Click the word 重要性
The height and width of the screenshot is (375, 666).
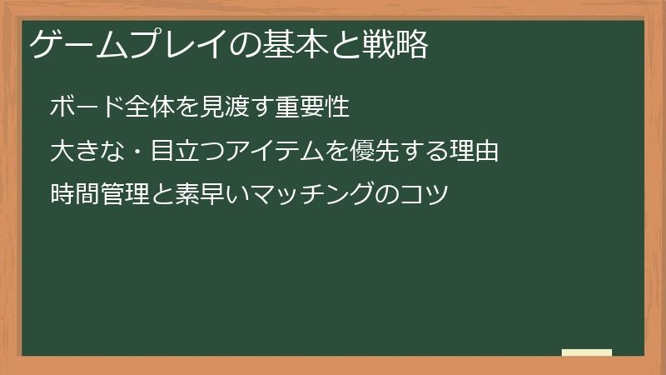click(305, 107)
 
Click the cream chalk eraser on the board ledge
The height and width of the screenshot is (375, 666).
click(587, 352)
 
